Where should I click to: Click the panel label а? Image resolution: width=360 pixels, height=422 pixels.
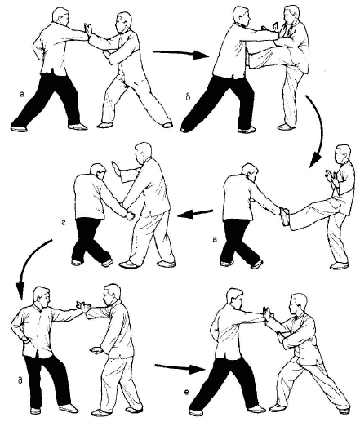pyautogui.click(x=22, y=94)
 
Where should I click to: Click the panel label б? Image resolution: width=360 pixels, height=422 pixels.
pyautogui.click(x=189, y=96)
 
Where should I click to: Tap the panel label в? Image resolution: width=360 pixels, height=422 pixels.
pyautogui.click(x=215, y=240)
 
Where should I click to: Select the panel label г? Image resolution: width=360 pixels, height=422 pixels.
pyautogui.click(x=63, y=223)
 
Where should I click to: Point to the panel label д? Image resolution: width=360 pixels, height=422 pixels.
pyautogui.click(x=20, y=380)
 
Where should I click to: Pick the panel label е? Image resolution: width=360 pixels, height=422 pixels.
pyautogui.click(x=186, y=392)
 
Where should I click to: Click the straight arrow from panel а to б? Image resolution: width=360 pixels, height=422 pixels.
pyautogui.click(x=181, y=53)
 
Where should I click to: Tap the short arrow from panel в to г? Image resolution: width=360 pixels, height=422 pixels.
pyautogui.click(x=195, y=214)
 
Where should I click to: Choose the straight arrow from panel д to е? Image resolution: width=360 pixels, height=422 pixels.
pyautogui.click(x=180, y=368)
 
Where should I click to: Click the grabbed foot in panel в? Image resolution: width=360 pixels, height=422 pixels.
pyautogui.click(x=285, y=216)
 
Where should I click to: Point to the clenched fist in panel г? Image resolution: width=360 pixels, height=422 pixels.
pyautogui.click(x=131, y=215)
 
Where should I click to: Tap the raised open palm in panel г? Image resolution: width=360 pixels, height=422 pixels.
pyautogui.click(x=116, y=169)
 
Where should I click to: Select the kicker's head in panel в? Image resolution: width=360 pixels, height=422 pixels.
pyautogui.click(x=343, y=154)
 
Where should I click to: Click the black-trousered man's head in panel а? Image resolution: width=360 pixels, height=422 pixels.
pyautogui.click(x=61, y=17)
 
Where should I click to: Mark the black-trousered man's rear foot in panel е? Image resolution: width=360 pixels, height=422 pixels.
pyautogui.click(x=196, y=412)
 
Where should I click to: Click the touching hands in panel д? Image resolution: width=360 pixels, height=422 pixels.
pyautogui.click(x=84, y=307)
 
